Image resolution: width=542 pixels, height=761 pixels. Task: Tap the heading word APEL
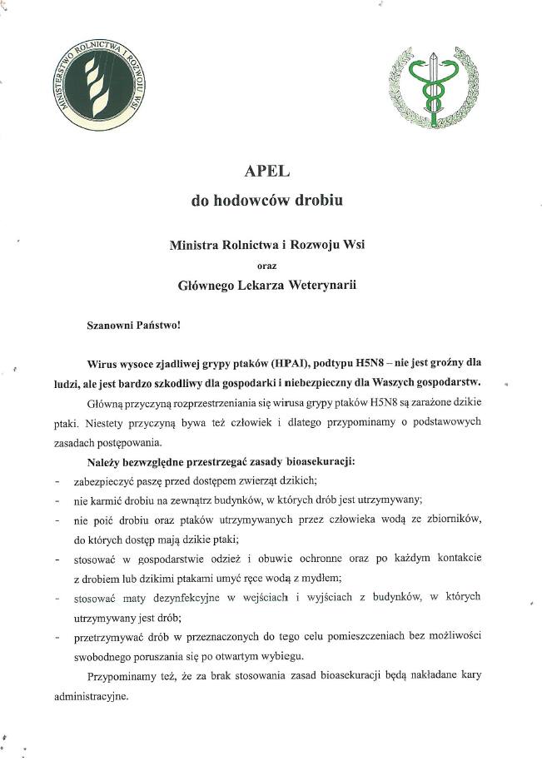click(x=266, y=172)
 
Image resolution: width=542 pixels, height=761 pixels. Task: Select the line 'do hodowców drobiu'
click(x=266, y=201)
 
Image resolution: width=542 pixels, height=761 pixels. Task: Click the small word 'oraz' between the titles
click(x=266, y=266)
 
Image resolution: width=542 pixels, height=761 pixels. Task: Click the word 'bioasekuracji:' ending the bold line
click(x=322, y=462)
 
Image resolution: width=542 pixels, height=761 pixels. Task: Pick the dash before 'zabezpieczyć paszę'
click(x=57, y=482)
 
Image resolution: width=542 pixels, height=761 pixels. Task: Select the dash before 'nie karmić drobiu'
click(x=57, y=501)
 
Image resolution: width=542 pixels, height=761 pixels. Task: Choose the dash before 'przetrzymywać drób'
click(x=57, y=637)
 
